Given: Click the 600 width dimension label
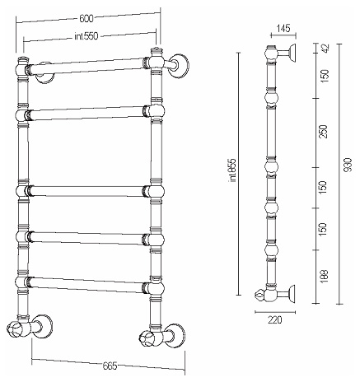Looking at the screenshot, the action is point(86,19).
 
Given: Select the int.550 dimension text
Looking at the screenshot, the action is point(86,36).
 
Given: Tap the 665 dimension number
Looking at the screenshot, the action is point(110,366).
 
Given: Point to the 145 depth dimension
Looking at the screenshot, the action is point(283,28).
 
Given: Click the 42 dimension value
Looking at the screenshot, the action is point(325,49).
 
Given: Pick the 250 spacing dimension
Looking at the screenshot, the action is point(325,132).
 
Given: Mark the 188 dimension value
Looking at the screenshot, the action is point(325,277).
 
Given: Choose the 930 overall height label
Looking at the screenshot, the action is point(348,165).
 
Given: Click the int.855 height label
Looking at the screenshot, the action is point(233,170).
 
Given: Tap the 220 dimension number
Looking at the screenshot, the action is point(275,319).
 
